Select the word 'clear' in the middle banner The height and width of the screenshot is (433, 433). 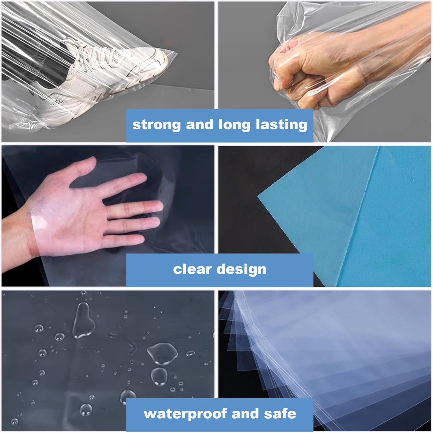[192, 269]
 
